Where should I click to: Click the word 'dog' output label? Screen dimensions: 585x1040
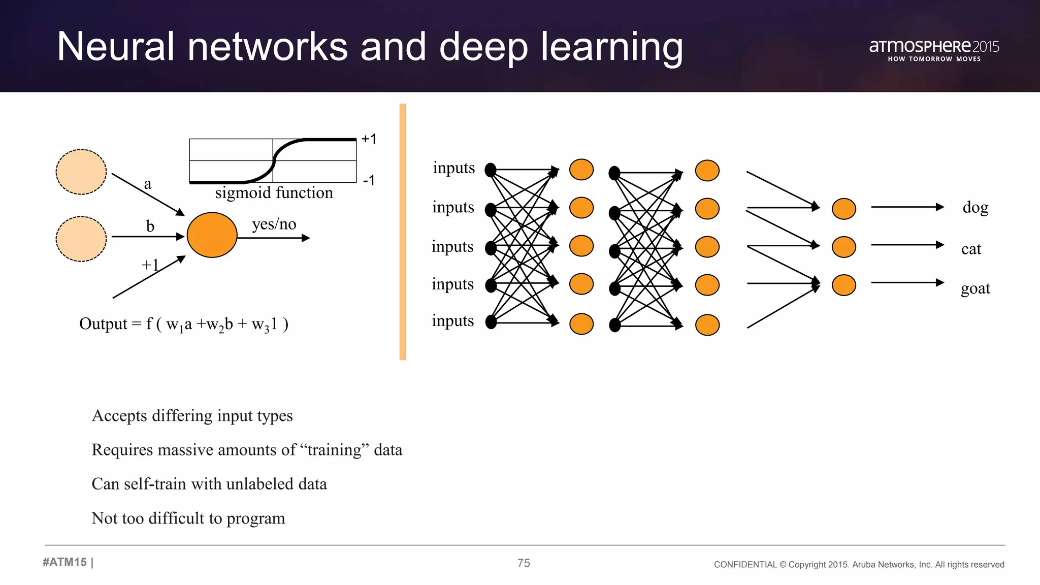975,207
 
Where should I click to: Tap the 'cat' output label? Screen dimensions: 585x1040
971,249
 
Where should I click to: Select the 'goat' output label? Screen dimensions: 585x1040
975,288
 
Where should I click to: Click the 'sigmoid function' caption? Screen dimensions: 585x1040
274,193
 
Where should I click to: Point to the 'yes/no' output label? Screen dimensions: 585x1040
274,224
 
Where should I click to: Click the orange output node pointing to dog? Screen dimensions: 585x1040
843,209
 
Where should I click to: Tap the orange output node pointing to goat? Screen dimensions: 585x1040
843,285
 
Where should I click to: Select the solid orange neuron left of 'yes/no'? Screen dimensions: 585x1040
212,235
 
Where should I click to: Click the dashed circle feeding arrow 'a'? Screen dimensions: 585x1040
81,172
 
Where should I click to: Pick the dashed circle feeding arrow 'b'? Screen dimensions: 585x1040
81,239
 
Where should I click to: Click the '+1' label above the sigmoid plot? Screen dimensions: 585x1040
369,139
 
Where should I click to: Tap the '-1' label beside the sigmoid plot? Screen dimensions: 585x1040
369,180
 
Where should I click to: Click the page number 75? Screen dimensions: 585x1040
524,563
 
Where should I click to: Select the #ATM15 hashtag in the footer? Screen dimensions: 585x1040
64,562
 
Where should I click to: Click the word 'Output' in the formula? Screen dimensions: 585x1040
103,324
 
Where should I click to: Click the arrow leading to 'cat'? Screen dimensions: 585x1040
907,245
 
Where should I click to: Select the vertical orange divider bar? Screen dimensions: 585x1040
403,232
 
